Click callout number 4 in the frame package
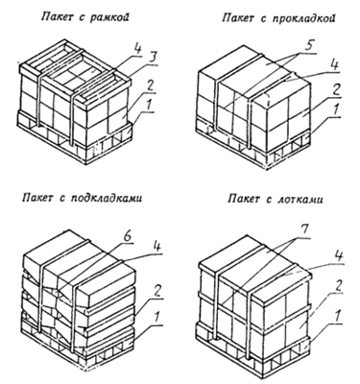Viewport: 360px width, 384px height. click(137, 49)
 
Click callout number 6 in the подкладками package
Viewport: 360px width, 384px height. click(127, 236)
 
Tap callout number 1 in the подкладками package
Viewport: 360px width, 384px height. click(156, 318)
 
